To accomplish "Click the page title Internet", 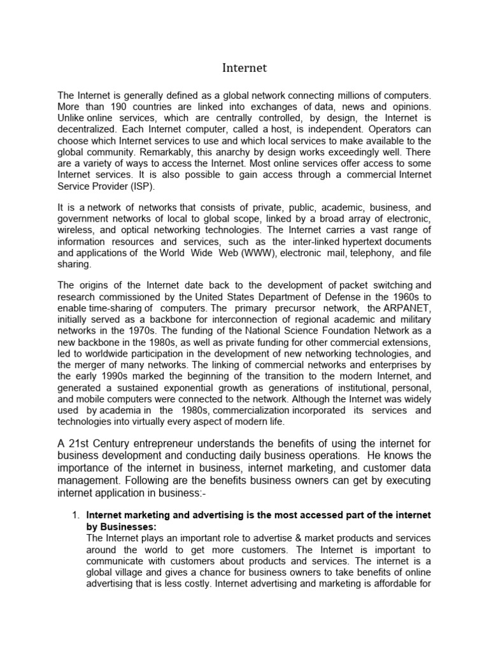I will coord(244,67).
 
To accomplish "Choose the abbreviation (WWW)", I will coord(239,253).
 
